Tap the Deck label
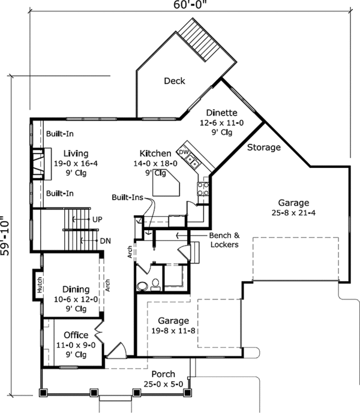click(x=174, y=82)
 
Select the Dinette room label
click(x=222, y=113)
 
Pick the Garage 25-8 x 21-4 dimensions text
click(x=293, y=212)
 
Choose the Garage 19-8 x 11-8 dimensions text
click(x=173, y=330)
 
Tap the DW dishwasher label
click(x=184, y=152)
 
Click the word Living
click(x=67, y=153)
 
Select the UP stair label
click(x=97, y=220)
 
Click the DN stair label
click(x=106, y=240)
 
